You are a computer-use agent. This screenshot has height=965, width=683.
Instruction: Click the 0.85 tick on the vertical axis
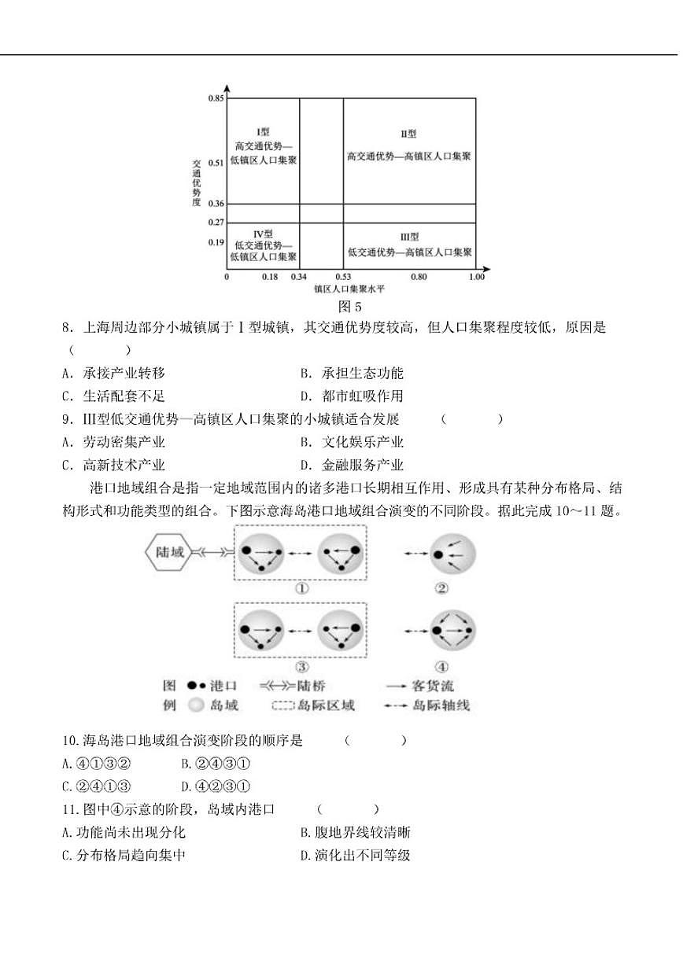[216, 98]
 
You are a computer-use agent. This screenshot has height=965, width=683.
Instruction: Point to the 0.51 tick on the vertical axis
[216, 163]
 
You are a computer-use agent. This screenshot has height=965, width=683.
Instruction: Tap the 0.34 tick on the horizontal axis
[298, 277]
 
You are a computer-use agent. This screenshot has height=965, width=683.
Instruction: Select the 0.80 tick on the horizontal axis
[419, 277]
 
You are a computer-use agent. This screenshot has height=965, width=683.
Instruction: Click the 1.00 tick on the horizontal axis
[476, 277]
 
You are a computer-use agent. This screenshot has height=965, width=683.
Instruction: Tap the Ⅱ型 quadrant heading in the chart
[408, 134]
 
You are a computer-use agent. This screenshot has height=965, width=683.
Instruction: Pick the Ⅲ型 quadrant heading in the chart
[409, 237]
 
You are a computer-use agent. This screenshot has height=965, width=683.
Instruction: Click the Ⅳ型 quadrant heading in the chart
[263, 234]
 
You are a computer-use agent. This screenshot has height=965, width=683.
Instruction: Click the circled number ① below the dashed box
[301, 588]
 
